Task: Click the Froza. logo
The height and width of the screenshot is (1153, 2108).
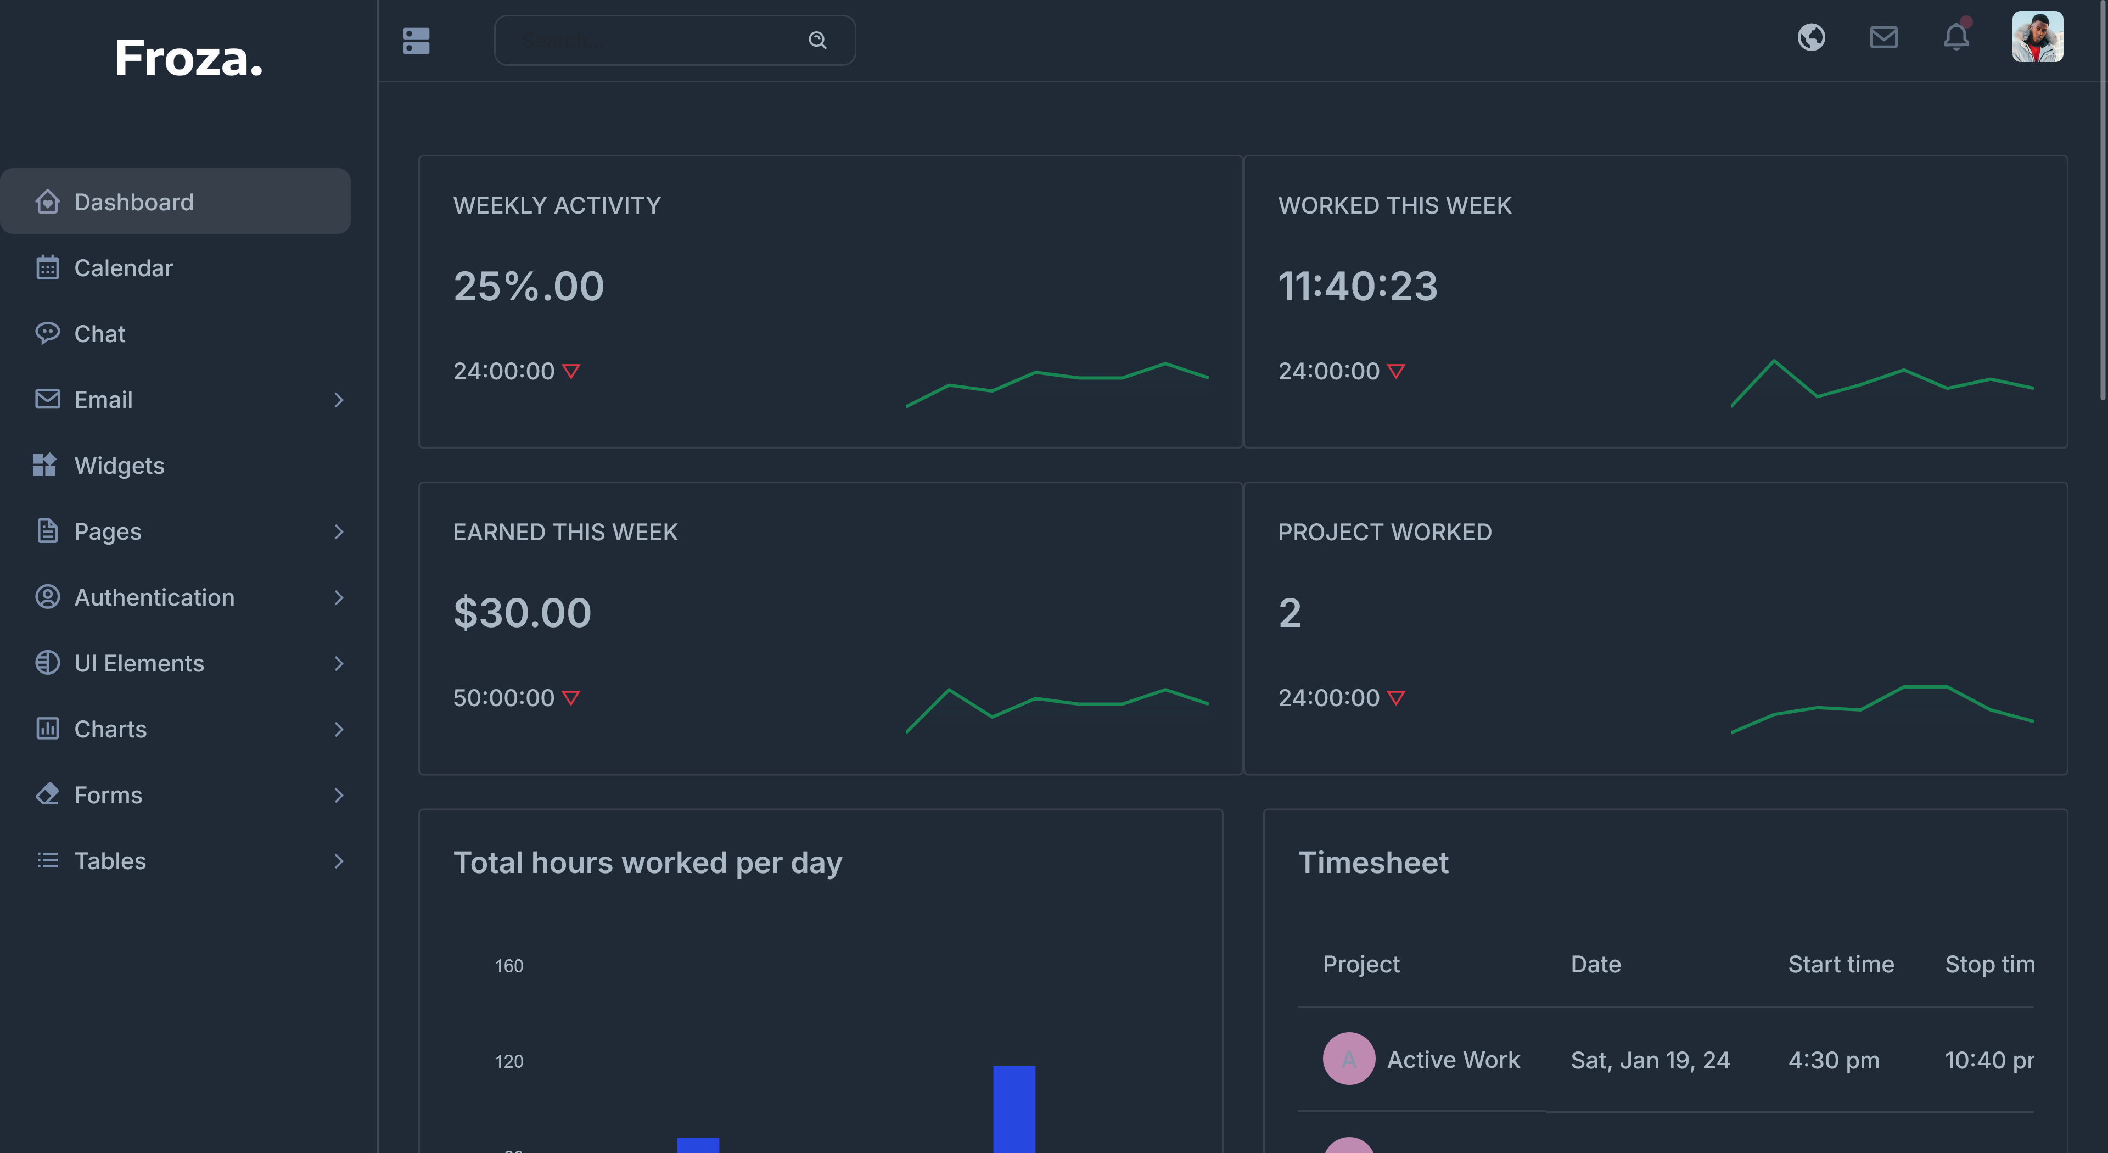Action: (188, 59)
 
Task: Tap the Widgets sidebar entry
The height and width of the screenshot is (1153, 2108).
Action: (119, 466)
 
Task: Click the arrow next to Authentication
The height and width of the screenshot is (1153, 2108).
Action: (339, 597)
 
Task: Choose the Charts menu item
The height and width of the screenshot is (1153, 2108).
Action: (110, 729)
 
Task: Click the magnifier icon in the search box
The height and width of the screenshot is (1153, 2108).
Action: (817, 40)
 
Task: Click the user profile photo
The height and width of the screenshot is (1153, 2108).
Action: (2037, 37)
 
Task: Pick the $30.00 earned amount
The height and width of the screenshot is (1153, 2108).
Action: (522, 613)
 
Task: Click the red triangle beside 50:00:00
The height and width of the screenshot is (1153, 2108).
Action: (571, 698)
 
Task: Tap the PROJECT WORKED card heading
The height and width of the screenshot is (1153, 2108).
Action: (1384, 532)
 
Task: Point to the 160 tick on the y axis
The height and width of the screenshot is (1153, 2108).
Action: (508, 966)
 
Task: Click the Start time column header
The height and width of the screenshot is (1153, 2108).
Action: (1841, 964)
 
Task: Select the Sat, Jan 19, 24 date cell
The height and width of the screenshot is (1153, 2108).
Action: (1650, 1060)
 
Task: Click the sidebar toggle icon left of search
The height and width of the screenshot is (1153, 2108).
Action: (417, 40)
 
